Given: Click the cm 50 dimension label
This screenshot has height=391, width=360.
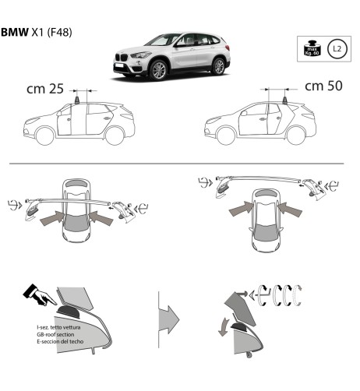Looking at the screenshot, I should (x=323, y=85).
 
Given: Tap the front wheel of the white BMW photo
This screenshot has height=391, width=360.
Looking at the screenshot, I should (x=159, y=70).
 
